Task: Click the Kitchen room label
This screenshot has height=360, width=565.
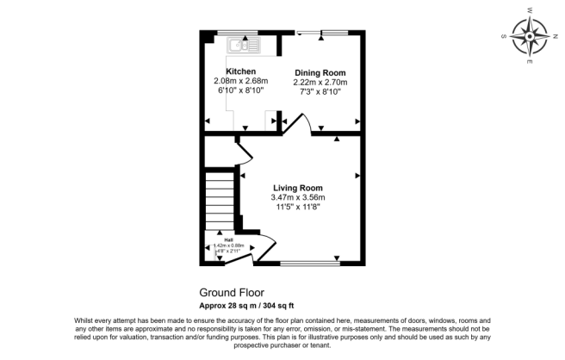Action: pos(240,71)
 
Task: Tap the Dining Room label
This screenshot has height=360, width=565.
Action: pos(320,72)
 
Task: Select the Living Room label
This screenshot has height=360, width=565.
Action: pos(298,188)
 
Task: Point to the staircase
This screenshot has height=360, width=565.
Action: pos(220,199)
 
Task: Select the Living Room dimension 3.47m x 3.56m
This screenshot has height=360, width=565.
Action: pos(298,198)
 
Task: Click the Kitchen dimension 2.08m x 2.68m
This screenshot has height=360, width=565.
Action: pos(240,81)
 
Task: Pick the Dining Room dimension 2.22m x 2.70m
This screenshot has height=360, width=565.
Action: pos(320,82)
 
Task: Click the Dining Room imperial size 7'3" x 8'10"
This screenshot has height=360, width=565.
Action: pos(320,91)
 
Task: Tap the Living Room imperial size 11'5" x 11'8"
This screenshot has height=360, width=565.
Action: pos(298,208)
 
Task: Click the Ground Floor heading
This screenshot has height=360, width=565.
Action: pos(232,292)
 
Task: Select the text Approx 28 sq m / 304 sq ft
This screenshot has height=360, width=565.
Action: pos(248,305)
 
